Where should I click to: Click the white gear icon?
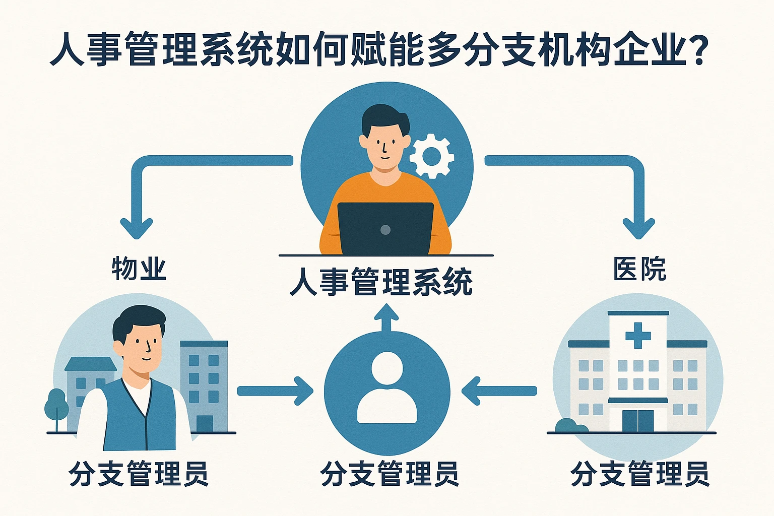(431, 156)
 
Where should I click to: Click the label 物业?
(139, 269)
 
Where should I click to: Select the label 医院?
(639, 269)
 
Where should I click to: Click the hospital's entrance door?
(637, 421)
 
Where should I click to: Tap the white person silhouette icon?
(387, 388)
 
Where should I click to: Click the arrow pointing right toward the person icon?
(275, 391)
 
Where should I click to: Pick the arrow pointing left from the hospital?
(499, 391)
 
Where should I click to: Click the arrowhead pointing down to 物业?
(136, 228)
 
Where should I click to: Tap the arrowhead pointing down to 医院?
(638, 228)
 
